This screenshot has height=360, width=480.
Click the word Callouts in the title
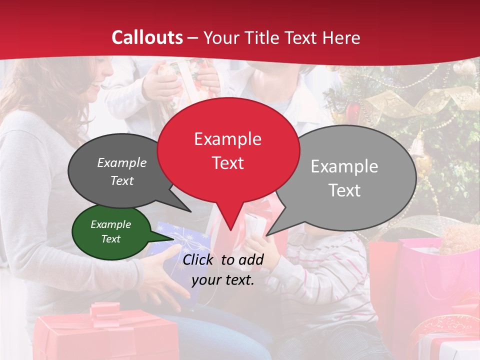[147, 37]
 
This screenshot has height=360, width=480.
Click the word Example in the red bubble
[227, 139]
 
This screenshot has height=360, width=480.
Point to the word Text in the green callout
[111, 239]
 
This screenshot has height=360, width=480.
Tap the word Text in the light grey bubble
[344, 190]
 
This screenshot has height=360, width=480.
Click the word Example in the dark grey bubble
[122, 163]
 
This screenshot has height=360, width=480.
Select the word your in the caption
[206, 280]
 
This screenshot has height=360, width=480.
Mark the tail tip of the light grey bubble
[267, 235]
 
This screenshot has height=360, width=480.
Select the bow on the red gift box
[107, 312]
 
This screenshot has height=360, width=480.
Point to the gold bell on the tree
[419, 150]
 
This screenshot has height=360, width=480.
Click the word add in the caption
[251, 259]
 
